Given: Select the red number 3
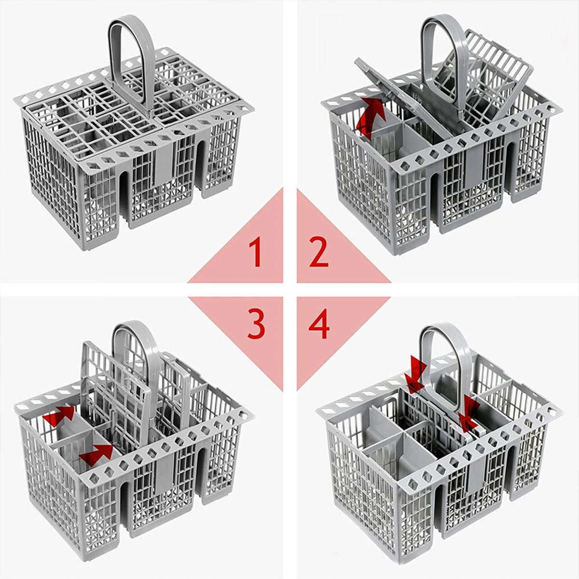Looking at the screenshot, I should [256, 324].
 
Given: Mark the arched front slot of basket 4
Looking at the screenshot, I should [440, 511].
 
